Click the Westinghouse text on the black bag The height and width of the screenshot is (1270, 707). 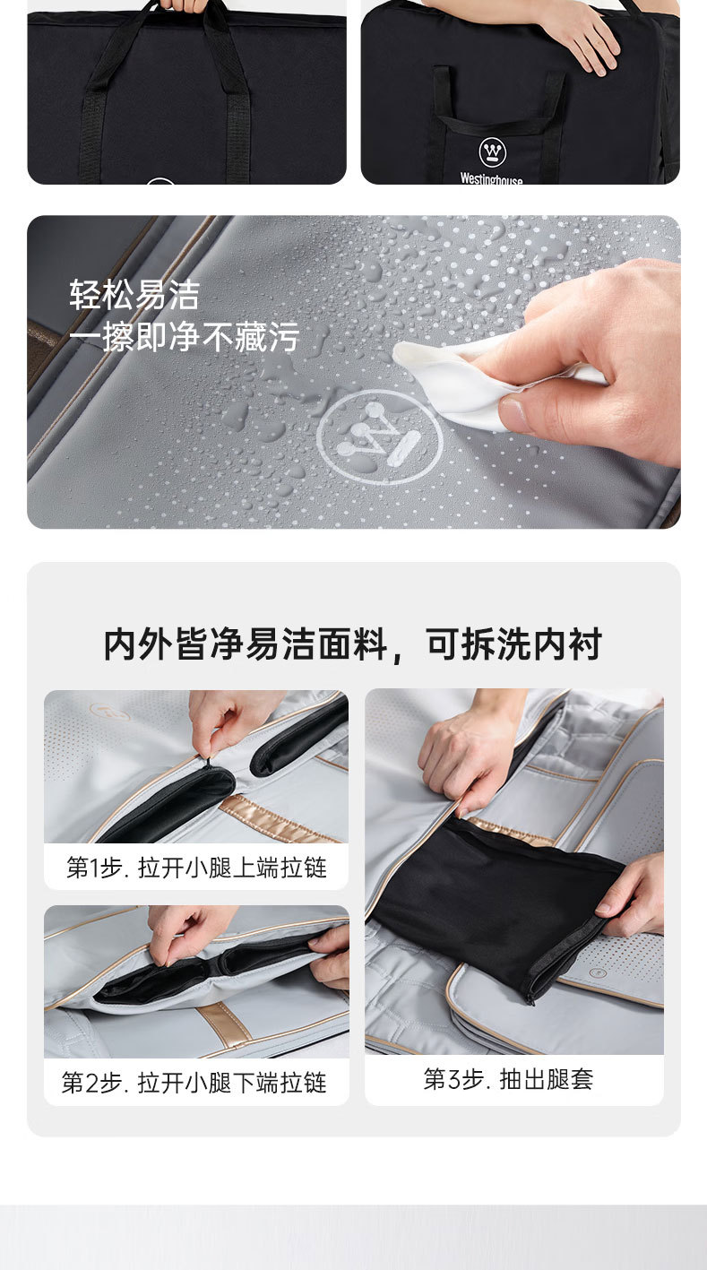tap(491, 178)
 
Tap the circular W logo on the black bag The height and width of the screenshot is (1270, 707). tap(492, 151)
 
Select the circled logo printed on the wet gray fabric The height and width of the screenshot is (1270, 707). tap(379, 436)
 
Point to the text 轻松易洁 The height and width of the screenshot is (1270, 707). tap(135, 295)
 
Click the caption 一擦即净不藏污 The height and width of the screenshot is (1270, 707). tap(185, 337)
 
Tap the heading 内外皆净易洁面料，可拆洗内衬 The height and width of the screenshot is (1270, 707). tap(353, 644)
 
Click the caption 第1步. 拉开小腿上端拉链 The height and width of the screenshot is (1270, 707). tap(197, 868)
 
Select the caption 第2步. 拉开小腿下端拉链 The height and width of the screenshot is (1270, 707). tap(194, 1083)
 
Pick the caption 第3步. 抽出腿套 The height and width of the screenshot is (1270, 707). tap(509, 1079)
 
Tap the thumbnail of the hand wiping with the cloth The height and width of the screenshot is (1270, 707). tap(354, 372)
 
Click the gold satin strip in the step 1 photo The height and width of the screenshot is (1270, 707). tap(280, 819)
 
